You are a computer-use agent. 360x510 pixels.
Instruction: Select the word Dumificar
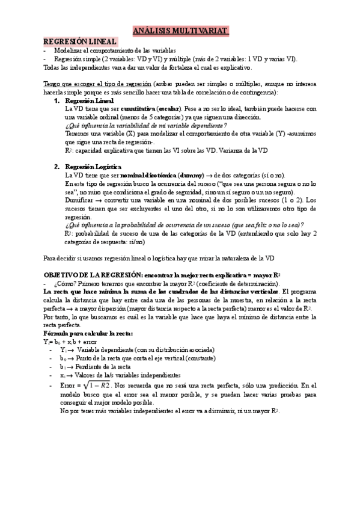point(79,199)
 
